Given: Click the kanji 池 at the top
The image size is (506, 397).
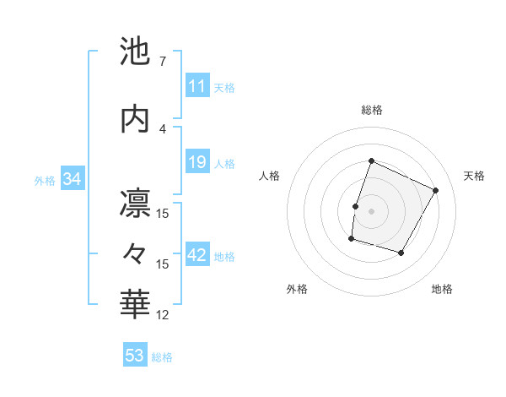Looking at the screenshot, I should [136, 52].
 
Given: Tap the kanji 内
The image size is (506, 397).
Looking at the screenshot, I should [136, 118].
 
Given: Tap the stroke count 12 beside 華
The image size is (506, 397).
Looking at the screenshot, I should [164, 315].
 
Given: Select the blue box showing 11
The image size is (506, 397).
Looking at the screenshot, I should [196, 86].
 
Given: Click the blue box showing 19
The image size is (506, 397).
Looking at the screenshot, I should [196, 162].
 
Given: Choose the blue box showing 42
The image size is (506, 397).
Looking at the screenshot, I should [197, 256].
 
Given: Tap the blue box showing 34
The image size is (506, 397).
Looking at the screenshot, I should [72, 179].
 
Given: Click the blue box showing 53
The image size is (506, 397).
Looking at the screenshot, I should [134, 356].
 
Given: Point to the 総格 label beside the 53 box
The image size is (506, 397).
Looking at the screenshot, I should [162, 357].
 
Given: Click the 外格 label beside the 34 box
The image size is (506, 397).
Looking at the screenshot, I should [45, 181].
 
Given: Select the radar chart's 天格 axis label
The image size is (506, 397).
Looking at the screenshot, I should [474, 176].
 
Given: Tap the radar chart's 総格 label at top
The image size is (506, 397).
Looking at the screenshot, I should [371, 110].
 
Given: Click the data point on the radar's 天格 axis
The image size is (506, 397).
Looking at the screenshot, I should [436, 190].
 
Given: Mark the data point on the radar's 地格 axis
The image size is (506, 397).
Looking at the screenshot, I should [401, 253].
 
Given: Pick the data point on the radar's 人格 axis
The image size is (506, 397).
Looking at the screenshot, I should [355, 206].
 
